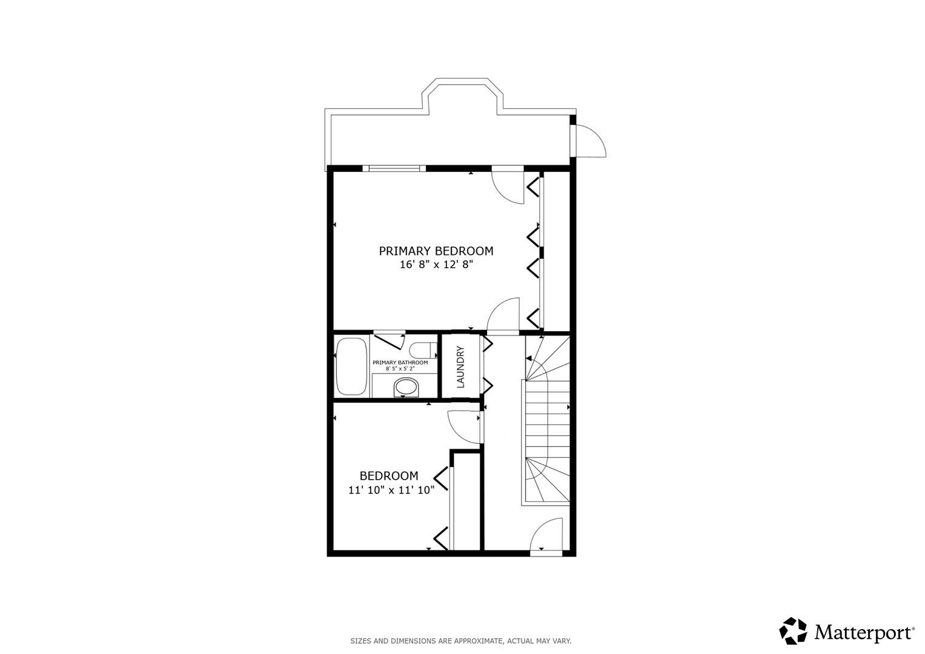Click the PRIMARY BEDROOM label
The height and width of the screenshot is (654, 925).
tap(436, 251)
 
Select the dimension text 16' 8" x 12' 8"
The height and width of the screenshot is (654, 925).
tap(436, 265)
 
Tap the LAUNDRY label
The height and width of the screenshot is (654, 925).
tap(460, 367)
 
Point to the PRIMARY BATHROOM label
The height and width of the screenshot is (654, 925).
tap(400, 362)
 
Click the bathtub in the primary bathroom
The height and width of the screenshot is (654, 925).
tap(351, 366)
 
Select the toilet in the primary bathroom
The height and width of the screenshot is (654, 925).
tap(422, 350)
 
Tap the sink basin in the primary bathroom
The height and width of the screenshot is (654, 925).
tap(406, 387)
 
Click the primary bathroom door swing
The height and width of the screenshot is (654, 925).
tap(391, 341)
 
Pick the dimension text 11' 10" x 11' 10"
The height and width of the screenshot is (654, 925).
tap(391, 490)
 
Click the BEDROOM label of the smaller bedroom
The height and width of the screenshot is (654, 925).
tap(389, 476)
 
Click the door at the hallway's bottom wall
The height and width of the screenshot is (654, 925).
tap(546, 535)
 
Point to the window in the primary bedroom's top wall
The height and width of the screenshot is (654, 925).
tap(394, 168)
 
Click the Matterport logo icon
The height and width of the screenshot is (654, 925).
tap(793, 631)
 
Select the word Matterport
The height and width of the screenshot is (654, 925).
tap(864, 633)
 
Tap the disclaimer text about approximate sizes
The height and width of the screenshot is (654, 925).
tap(460, 641)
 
